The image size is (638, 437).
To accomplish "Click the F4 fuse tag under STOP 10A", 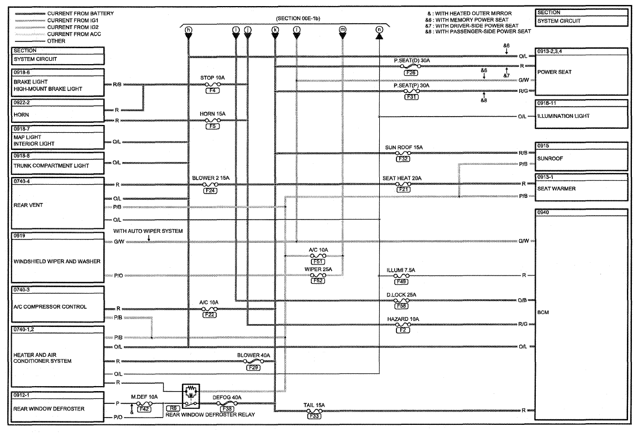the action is (212, 90).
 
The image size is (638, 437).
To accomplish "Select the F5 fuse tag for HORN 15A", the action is (212, 126).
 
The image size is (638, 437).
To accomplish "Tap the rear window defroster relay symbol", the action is (191, 396).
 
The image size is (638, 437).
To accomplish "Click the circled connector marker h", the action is (188, 30).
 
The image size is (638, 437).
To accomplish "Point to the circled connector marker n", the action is (379, 30).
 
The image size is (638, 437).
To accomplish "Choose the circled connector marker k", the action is (275, 30).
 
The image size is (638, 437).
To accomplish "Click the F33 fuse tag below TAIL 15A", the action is (314, 416).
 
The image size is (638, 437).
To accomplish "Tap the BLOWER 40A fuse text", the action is (254, 355).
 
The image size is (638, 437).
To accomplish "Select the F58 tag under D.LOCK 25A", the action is (401, 306).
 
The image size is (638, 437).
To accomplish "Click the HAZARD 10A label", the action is (403, 319).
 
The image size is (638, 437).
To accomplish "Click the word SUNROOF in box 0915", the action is (550, 158).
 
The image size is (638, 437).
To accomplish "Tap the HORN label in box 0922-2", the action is (21, 115).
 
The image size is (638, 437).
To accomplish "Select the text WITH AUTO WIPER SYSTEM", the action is (148, 231).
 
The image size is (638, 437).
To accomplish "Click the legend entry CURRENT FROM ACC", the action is (74, 34).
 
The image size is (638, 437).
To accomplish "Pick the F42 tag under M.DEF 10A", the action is (144, 409).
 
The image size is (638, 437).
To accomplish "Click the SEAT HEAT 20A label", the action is (402, 178).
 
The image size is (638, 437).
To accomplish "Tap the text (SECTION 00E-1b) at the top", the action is (298, 18).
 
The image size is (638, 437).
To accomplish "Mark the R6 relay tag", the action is (174, 408).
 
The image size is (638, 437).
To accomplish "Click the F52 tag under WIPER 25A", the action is (318, 280).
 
